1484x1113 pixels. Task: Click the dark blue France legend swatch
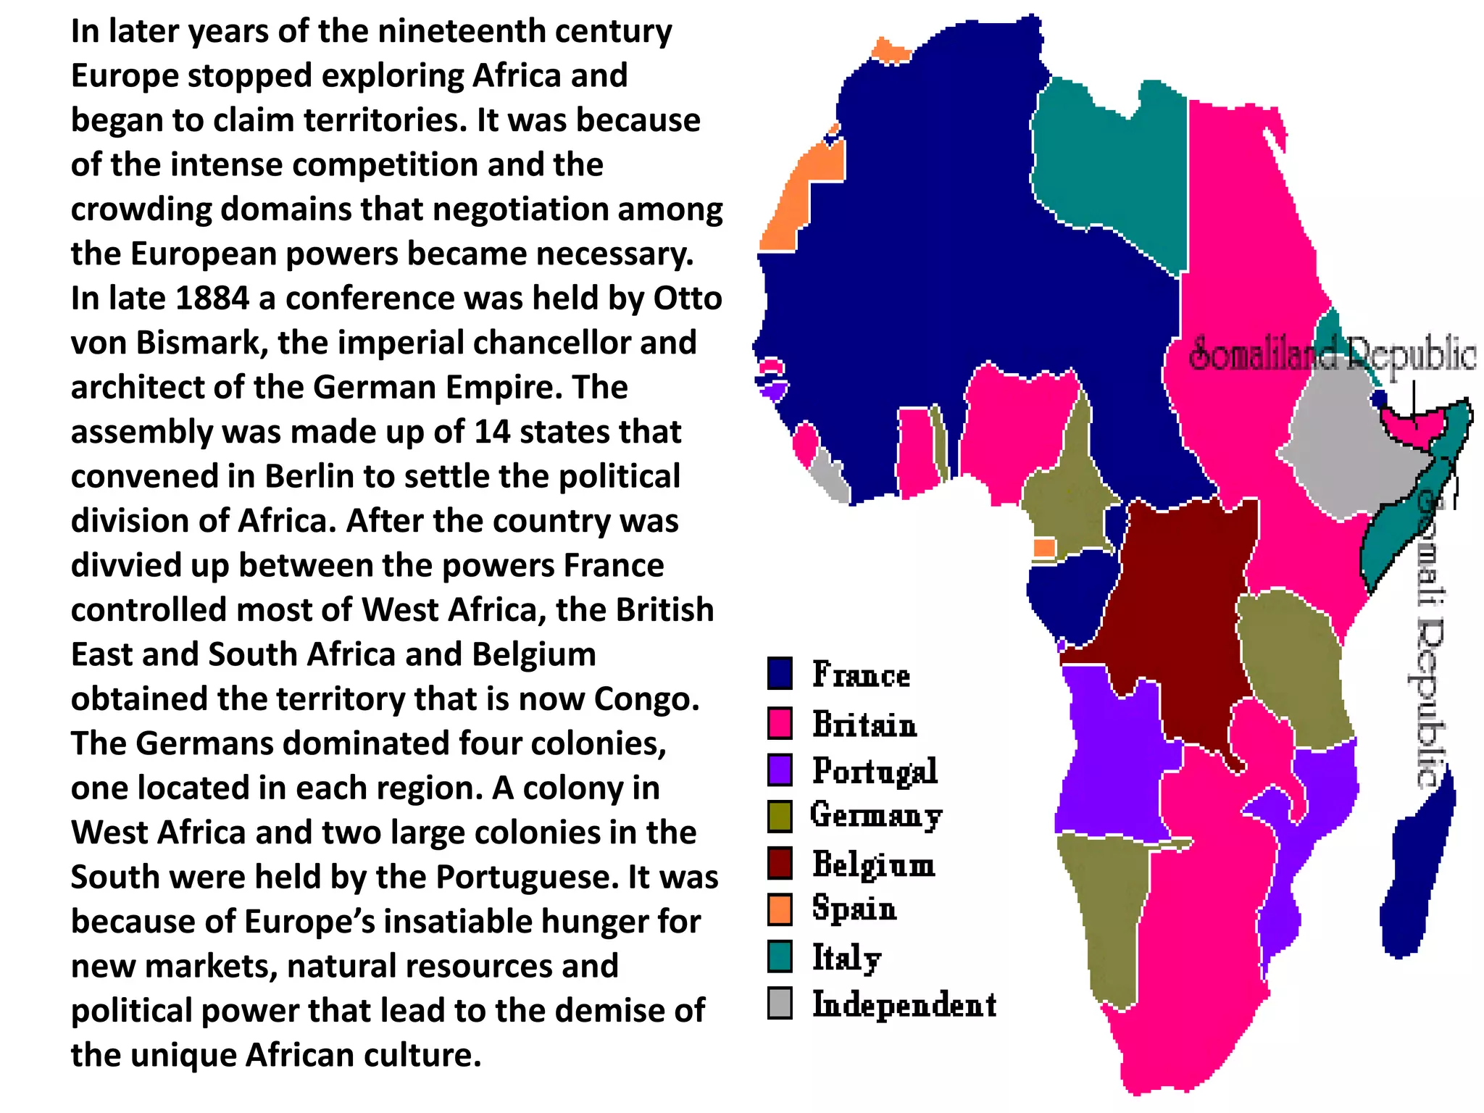point(780,672)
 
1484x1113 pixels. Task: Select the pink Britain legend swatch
point(780,723)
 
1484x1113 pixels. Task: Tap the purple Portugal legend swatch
point(780,770)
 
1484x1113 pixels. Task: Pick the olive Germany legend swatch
point(780,816)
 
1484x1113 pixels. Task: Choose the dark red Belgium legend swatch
point(780,862)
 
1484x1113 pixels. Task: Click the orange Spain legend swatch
point(780,909)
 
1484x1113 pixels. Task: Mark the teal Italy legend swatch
point(780,956)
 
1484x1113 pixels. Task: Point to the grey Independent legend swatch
point(780,1004)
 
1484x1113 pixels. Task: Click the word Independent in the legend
point(904,1005)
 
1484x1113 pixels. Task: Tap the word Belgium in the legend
point(874,864)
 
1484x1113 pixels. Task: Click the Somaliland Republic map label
point(1332,355)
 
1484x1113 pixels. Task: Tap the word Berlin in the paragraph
point(309,477)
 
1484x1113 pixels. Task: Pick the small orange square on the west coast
point(1044,547)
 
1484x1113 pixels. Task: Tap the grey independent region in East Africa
point(1348,449)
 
